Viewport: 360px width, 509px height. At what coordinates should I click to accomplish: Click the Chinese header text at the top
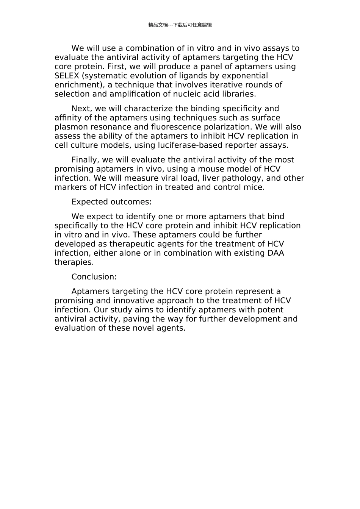coord(180,25)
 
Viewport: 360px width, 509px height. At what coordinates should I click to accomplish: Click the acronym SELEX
coord(67,76)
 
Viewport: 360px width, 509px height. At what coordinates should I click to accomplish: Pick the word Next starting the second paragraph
coord(81,109)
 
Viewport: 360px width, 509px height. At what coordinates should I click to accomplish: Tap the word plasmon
coord(70,127)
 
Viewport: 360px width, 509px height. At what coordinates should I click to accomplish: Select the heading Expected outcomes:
coord(111,201)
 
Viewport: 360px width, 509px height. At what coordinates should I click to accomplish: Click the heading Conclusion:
coord(94,277)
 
